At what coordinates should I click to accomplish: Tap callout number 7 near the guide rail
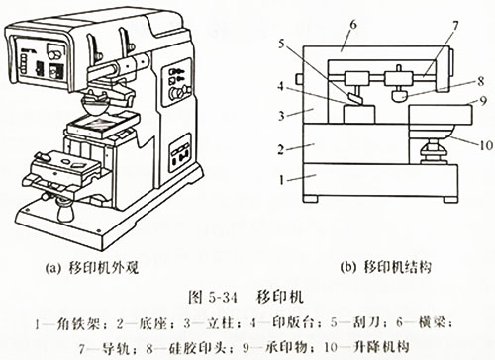(x=428, y=24)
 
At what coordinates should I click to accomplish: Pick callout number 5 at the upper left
(x=281, y=44)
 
